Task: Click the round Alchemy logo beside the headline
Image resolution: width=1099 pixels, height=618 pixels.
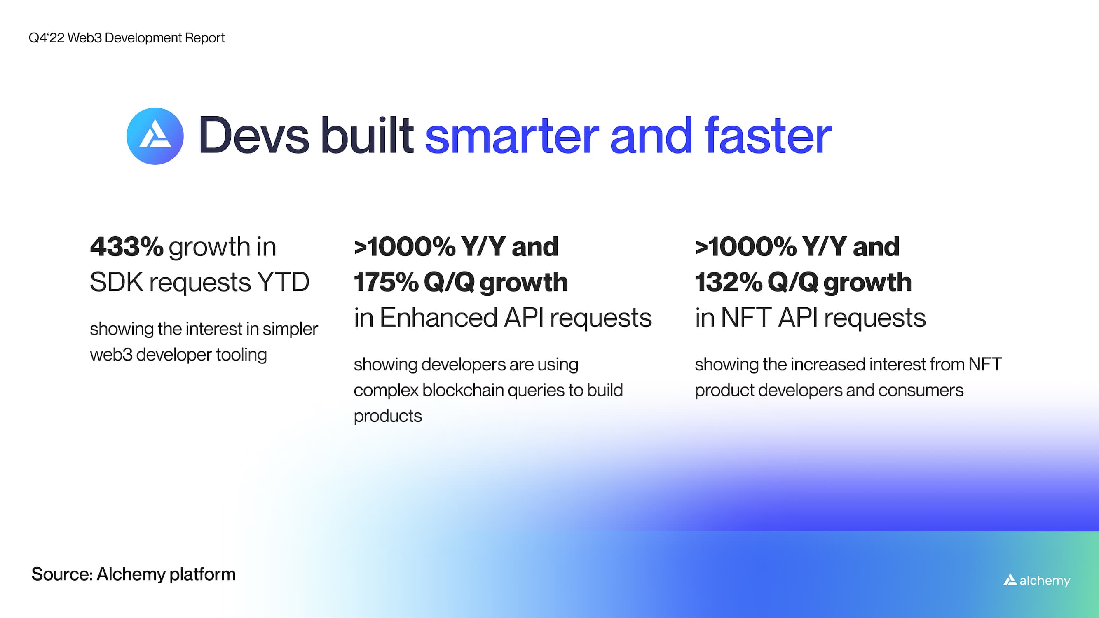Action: pos(155,136)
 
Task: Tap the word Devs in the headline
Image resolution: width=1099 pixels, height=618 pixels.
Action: pos(253,136)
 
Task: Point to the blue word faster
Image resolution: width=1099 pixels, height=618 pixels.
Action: pos(768,136)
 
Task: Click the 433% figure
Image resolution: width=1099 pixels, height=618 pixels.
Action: pos(126,247)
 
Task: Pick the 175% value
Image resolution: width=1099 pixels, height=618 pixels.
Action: pos(386,282)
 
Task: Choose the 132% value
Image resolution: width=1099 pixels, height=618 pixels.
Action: pos(728,282)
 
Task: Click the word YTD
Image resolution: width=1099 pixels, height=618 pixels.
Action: pos(283,282)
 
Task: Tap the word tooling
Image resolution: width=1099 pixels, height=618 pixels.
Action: pos(241,355)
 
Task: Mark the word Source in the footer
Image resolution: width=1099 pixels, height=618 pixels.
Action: pos(61,574)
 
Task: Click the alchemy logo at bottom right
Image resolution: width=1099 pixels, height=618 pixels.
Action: pos(1037,581)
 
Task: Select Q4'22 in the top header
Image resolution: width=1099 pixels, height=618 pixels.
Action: pos(46,38)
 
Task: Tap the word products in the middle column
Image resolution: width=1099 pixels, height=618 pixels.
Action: pos(387,416)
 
